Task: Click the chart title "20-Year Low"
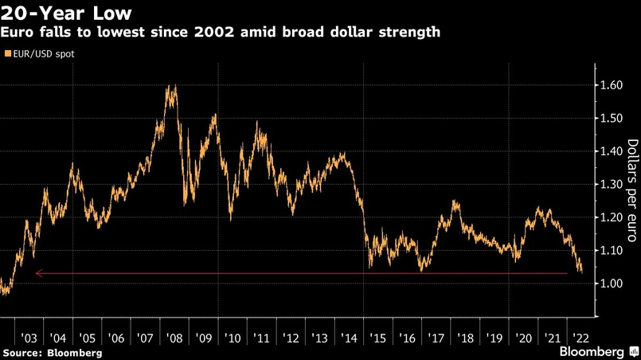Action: (65, 14)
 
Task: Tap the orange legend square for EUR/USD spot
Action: (7, 54)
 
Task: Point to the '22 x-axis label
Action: (580, 337)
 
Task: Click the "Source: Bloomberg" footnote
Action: (53, 351)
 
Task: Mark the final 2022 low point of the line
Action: (580, 272)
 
